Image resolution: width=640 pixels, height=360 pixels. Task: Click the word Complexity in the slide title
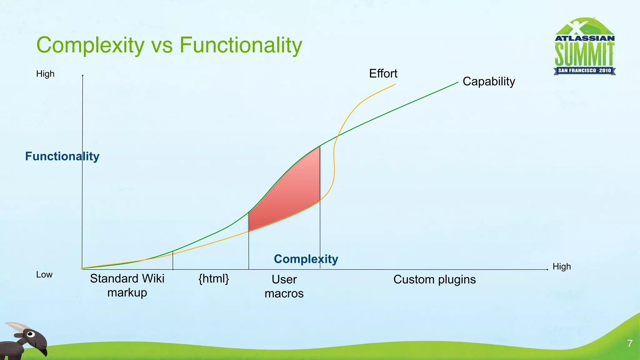(x=90, y=45)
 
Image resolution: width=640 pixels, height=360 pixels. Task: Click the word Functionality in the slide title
(x=241, y=45)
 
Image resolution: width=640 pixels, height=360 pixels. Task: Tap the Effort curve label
(x=383, y=74)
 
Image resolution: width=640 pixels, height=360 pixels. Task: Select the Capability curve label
(x=489, y=82)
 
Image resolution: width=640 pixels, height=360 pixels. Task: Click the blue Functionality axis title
(x=62, y=156)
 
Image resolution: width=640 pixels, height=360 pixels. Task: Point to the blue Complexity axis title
(x=306, y=259)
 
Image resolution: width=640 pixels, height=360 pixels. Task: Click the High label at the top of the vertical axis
(x=45, y=74)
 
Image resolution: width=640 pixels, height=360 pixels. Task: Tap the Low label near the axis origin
(x=44, y=275)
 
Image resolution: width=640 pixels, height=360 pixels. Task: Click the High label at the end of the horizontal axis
(x=562, y=267)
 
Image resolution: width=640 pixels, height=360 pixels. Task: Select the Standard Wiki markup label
(x=127, y=285)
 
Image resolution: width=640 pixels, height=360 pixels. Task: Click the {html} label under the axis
(x=214, y=278)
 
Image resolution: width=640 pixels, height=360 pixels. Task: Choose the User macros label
(x=284, y=286)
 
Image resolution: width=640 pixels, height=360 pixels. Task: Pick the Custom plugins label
(x=434, y=279)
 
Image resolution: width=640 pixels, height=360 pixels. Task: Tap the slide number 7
(x=630, y=343)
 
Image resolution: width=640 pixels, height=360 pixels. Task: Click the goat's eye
(x=30, y=334)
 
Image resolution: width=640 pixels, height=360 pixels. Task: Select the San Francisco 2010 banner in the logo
(x=584, y=71)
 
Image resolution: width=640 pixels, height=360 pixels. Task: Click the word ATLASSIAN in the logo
(x=584, y=38)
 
